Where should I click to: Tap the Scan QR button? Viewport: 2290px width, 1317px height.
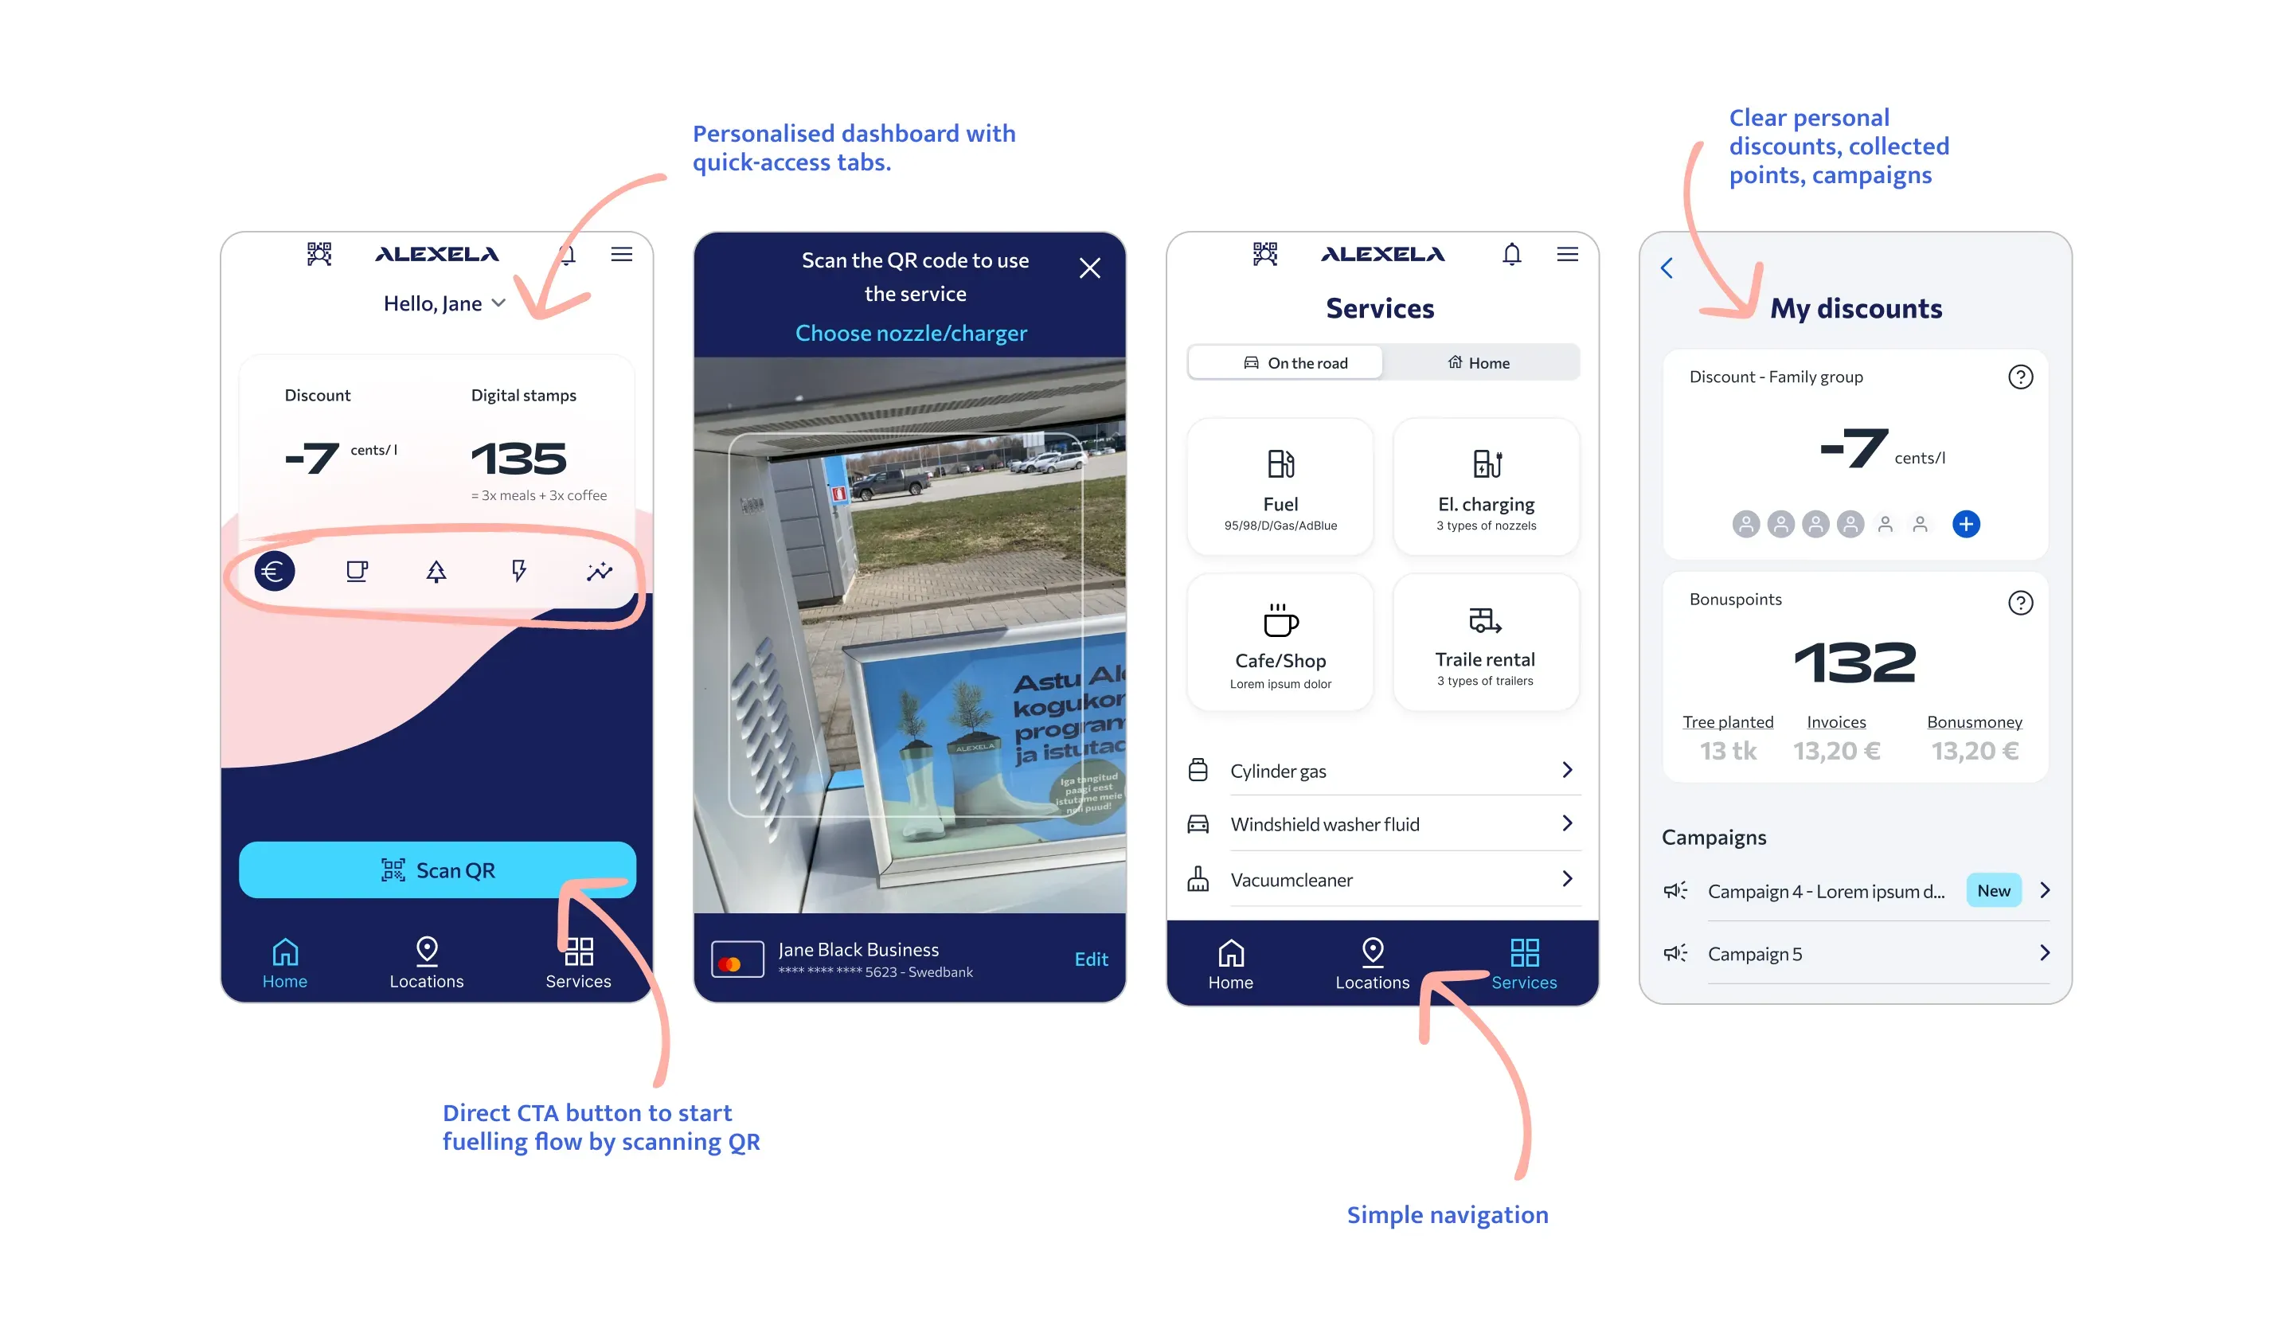(x=437, y=870)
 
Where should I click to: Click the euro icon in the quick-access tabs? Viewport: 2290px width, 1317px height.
(x=274, y=571)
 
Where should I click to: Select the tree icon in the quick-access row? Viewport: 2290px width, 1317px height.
(x=436, y=571)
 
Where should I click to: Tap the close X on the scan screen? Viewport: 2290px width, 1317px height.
(x=1089, y=268)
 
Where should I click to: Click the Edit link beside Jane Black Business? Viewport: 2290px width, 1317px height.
(x=1090, y=959)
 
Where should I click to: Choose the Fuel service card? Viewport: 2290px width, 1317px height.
(x=1279, y=487)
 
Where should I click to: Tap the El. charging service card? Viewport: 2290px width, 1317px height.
(x=1485, y=487)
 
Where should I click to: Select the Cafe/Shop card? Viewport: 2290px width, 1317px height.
(x=1279, y=643)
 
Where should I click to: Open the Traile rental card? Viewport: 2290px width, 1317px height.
(x=1485, y=643)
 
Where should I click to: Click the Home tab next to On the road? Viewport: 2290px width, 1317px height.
(x=1479, y=363)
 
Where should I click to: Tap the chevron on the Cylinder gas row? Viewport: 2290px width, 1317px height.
(x=1566, y=770)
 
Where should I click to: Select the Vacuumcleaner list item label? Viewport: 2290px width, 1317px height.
(x=1291, y=880)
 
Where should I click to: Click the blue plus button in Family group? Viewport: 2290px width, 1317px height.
(x=1965, y=524)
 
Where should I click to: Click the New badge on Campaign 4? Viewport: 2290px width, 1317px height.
(x=1992, y=891)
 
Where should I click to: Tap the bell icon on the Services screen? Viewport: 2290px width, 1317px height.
(x=1511, y=254)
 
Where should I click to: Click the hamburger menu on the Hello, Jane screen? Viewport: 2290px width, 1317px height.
(x=621, y=254)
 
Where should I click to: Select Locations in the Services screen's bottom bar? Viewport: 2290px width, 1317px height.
(x=1371, y=964)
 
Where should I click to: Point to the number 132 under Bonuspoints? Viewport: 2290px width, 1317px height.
(x=1854, y=662)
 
